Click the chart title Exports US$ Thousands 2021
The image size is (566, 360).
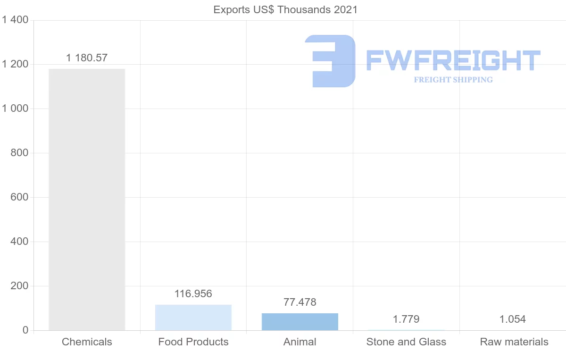coord(285,9)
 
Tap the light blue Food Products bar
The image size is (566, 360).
coord(193,318)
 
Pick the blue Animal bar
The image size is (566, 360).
coord(300,322)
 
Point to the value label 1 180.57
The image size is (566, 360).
coord(87,58)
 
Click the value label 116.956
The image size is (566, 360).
coord(193,293)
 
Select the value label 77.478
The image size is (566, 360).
coord(300,302)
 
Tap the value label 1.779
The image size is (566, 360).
coord(406,319)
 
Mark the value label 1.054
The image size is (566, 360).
coord(513,319)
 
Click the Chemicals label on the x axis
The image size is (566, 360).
coord(87,342)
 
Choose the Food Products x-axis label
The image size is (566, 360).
coord(193,342)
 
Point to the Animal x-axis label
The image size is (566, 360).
coord(300,342)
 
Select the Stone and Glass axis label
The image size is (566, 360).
coord(406,342)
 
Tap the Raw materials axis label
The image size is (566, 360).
coord(514,342)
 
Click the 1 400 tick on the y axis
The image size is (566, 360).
coord(15,20)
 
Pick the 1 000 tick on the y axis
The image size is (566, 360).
coord(15,109)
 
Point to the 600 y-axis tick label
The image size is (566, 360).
coord(19,197)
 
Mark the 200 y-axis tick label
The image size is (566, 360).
coord(19,286)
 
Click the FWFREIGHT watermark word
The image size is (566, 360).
coord(453,60)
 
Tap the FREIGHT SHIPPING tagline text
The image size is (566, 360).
coord(453,80)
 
